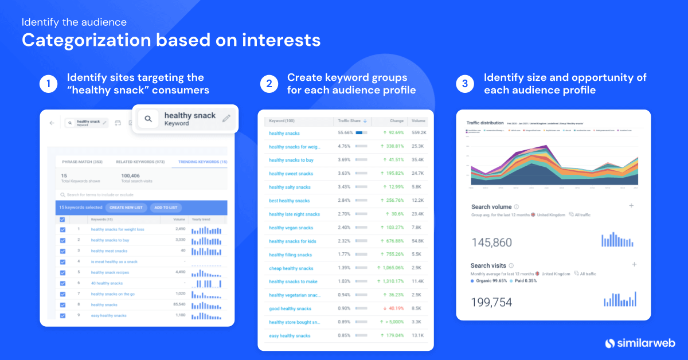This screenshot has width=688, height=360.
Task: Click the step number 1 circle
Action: (x=49, y=84)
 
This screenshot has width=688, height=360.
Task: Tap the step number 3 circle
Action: (x=466, y=84)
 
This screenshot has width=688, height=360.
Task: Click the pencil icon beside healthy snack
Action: (x=226, y=119)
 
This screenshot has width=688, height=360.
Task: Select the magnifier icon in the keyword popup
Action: (x=148, y=119)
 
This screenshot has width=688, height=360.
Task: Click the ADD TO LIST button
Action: (x=166, y=208)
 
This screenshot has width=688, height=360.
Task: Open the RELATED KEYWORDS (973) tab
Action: (x=140, y=162)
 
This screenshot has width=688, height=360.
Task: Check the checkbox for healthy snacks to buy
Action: (x=62, y=240)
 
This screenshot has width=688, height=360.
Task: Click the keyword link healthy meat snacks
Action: (x=109, y=251)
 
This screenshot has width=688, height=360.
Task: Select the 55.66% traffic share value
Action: (x=345, y=133)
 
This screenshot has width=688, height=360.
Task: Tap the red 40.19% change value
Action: (x=391, y=309)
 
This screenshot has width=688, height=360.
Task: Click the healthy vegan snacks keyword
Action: (x=291, y=228)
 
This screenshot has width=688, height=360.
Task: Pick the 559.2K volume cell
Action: (x=419, y=133)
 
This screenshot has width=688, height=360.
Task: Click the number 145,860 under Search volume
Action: (x=491, y=242)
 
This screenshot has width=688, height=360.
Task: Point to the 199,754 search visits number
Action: (x=491, y=302)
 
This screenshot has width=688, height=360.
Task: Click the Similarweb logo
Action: (x=640, y=343)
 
